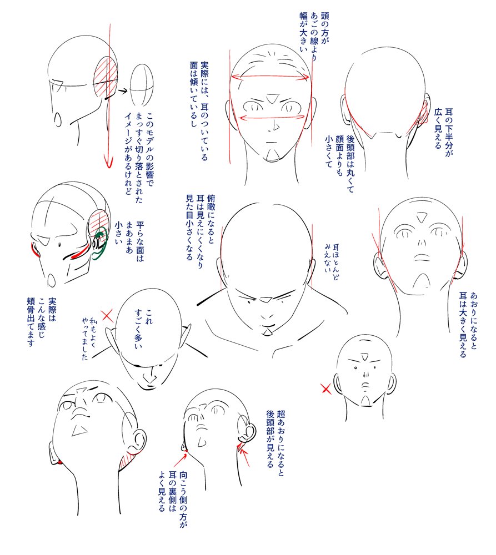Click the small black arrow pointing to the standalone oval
pos(122,92)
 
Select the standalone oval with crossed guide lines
pos(142,85)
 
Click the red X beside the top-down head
pos(107,316)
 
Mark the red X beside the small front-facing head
pos(326,389)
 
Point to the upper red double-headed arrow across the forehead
pos(270,77)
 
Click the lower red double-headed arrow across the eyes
pos(272,117)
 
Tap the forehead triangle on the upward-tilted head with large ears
pos(422,217)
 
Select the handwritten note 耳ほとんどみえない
pos(331,262)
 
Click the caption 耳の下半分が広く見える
pos(444,133)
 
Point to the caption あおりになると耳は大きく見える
pos(468,325)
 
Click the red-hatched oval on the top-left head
pos(106,77)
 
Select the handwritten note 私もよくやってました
pos(88,339)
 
